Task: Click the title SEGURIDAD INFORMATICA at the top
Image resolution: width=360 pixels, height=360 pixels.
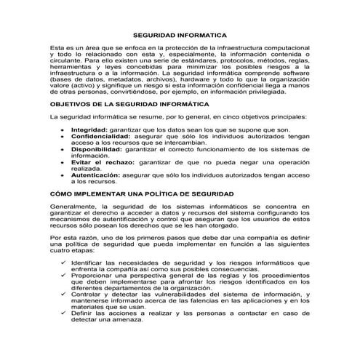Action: pos(180,34)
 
